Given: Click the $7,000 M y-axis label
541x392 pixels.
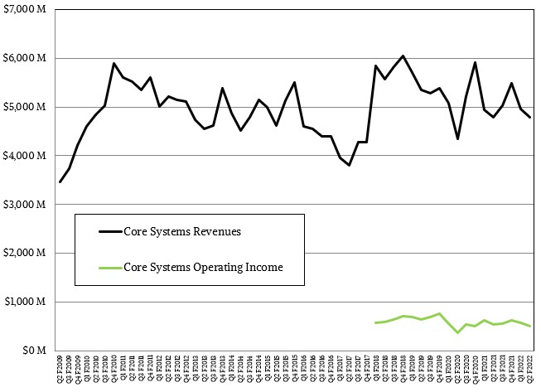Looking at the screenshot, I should click(24, 10).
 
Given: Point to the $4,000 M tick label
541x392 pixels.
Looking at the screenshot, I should click(24, 156).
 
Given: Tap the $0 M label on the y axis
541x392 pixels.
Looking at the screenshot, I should click(36, 351).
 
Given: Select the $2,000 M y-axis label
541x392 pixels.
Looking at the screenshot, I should click(24, 254).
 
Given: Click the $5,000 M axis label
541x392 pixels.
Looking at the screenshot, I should click(24, 108).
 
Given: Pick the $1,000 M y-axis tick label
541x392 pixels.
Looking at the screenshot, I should click(24, 302).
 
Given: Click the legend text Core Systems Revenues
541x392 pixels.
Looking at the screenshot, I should click(181, 231).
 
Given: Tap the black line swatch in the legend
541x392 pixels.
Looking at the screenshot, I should click(109, 231).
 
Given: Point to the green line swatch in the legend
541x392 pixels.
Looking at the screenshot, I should click(109, 268).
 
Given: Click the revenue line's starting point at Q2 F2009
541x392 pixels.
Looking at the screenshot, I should click(60, 181).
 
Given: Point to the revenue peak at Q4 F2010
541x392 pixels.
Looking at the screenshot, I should click(114, 63).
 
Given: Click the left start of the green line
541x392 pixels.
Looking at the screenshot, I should click(375, 322).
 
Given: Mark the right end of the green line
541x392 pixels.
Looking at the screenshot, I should click(530, 326).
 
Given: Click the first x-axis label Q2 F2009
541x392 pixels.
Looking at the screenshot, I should click(60, 370).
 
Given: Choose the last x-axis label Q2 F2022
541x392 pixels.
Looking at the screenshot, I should click(530, 370).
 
